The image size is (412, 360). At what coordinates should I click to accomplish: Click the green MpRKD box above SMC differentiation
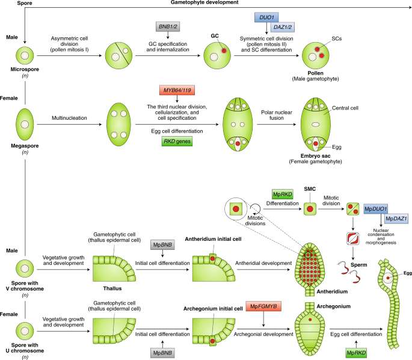[282, 193]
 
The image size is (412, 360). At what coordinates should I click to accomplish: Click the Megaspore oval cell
[24, 124]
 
